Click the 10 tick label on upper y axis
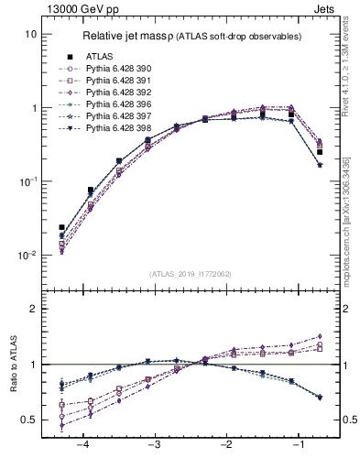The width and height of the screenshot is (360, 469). point(30,34)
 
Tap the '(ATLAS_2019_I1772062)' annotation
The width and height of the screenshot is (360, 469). point(191,273)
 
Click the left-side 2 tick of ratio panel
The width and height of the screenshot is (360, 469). point(33,309)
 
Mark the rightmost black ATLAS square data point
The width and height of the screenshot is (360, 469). point(319,152)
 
